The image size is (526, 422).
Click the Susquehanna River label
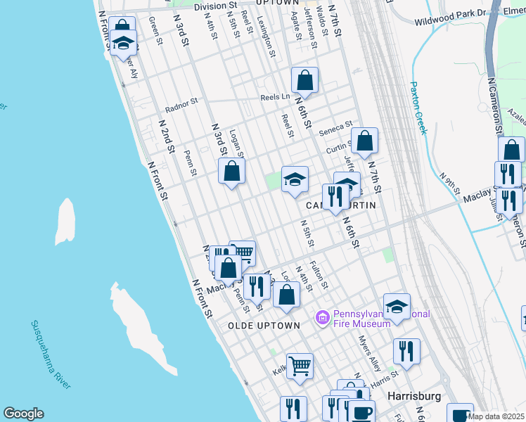(x=51, y=354)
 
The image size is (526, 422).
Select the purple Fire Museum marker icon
(x=323, y=319)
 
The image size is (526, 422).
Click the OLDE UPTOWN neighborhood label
(x=264, y=326)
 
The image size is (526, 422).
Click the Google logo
(x=23, y=414)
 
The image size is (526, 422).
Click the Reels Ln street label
(x=275, y=97)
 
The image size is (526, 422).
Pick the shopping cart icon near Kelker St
(x=300, y=366)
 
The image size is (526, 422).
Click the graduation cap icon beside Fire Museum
(x=397, y=306)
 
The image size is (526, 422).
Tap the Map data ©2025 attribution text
(x=496, y=416)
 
